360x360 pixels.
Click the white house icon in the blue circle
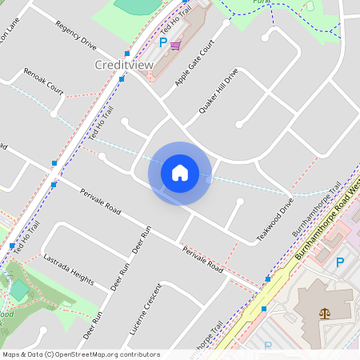(180, 172)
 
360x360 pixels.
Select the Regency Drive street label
(76, 36)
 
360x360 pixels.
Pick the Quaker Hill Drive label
(218, 95)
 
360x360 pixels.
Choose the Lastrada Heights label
(68, 268)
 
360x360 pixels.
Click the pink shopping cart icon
(175, 46)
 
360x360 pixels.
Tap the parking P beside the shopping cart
(164, 42)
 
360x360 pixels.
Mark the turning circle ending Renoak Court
(54, 114)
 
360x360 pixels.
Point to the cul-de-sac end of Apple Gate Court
(226, 23)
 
